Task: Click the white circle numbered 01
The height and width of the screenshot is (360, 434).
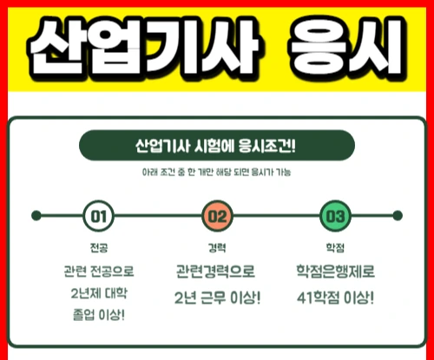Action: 98,216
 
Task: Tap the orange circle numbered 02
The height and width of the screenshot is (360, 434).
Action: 217,216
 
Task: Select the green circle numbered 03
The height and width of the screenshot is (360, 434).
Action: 335,216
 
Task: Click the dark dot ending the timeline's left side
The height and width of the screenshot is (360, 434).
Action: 36,216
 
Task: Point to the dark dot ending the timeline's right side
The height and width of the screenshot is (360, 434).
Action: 398,216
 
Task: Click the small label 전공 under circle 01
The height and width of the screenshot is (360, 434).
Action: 99,248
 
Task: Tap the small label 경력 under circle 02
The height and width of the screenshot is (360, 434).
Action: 217,248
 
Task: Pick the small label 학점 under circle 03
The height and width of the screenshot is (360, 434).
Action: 335,248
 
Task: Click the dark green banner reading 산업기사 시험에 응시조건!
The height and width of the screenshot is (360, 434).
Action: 217,146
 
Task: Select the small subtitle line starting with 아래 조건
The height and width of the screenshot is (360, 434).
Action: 216,173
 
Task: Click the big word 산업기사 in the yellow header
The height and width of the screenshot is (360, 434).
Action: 144,46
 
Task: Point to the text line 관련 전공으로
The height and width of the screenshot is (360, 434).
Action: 99,272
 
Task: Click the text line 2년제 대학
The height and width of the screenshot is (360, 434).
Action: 99,293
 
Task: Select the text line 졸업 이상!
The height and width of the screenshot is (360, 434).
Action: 99,315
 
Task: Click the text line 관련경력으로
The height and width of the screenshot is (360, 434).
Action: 215,272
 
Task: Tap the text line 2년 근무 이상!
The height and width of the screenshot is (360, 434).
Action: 218,298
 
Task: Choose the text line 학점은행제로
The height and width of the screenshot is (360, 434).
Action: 336,272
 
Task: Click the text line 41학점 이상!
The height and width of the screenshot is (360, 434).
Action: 336,298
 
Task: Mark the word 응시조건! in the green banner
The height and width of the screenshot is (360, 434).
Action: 267,146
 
